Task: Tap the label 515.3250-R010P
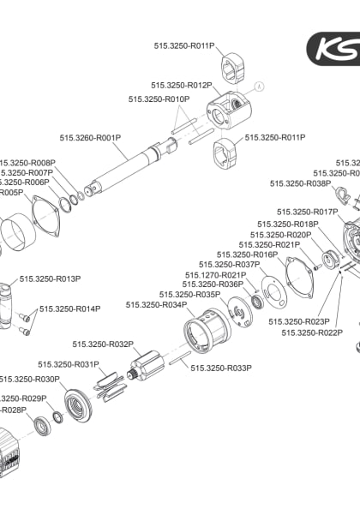click(159, 99)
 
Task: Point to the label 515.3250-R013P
click(50, 278)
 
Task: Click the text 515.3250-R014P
click(69, 308)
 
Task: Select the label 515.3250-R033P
click(221, 368)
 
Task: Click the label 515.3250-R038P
click(300, 183)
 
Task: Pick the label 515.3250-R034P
click(156, 305)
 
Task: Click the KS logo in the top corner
click(336, 49)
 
